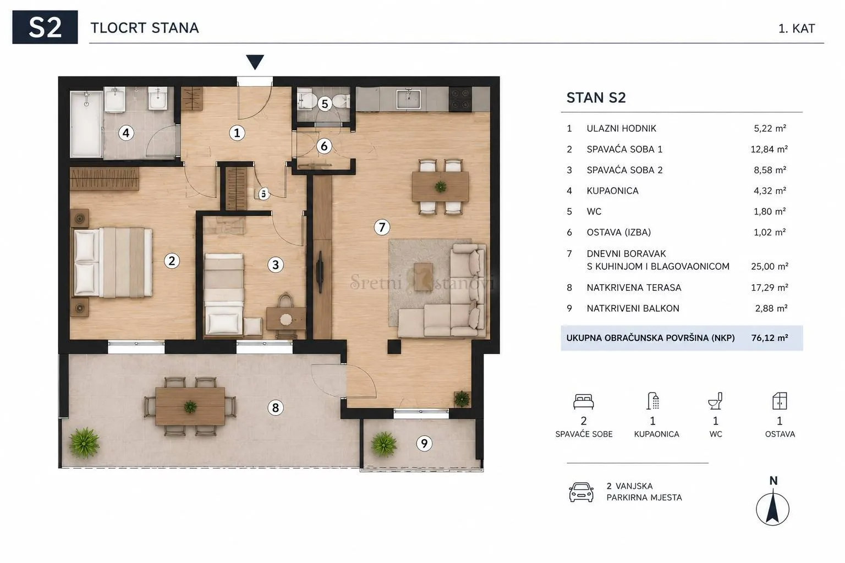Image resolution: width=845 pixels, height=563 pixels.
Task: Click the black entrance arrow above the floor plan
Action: pyautogui.click(x=255, y=62)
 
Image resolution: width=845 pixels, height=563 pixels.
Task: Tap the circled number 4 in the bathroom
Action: pyautogui.click(x=126, y=133)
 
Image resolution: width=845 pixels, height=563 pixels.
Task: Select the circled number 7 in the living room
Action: pyautogui.click(x=382, y=228)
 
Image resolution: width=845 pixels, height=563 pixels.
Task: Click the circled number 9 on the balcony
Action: pyautogui.click(x=424, y=444)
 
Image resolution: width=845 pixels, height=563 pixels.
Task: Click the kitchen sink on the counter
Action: pyautogui.click(x=409, y=99)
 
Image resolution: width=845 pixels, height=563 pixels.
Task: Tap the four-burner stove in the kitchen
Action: pyautogui.click(x=460, y=99)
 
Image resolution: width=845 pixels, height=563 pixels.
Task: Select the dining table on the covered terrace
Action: pyautogui.click(x=190, y=406)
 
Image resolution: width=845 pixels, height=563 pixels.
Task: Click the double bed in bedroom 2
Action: pyautogui.click(x=113, y=262)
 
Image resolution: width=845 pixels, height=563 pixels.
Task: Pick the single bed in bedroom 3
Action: pyautogui.click(x=224, y=294)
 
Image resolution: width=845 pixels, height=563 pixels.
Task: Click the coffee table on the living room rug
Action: pyautogui.click(x=423, y=277)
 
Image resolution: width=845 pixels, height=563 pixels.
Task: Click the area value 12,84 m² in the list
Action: pyautogui.click(x=769, y=150)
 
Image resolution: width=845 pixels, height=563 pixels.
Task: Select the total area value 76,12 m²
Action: pyautogui.click(x=770, y=338)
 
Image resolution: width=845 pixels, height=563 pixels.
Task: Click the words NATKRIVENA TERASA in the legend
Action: pyautogui.click(x=634, y=288)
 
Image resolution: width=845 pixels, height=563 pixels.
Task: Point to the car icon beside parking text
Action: pyautogui.click(x=581, y=492)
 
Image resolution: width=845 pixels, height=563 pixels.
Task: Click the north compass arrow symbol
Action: pyautogui.click(x=772, y=507)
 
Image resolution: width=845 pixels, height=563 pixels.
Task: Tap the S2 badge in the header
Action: pyautogui.click(x=45, y=27)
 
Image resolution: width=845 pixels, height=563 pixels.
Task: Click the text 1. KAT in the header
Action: pyautogui.click(x=797, y=29)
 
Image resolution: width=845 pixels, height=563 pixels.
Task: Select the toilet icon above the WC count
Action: pyautogui.click(x=715, y=401)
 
